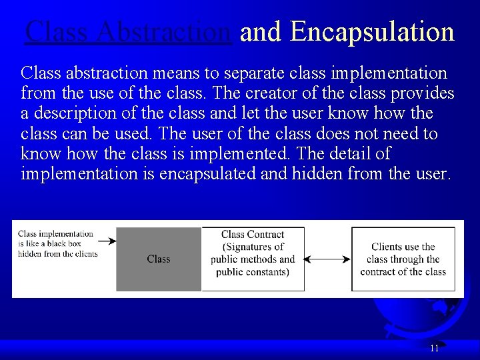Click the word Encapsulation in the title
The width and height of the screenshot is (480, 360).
coord(373,31)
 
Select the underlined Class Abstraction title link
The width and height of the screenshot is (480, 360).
coord(128,31)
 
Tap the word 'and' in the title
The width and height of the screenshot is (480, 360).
coord(261,31)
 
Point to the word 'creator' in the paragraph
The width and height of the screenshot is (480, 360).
coord(305,93)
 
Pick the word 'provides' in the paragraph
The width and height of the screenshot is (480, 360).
coord(420,93)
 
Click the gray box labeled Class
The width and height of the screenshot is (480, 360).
coord(159,259)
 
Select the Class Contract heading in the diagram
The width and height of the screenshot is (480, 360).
coord(253,235)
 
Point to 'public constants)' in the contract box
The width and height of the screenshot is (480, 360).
coord(253,271)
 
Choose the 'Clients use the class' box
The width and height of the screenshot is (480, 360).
coord(403,259)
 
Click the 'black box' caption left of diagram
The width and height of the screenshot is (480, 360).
coord(57,244)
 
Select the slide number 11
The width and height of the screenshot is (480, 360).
coord(435,348)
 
